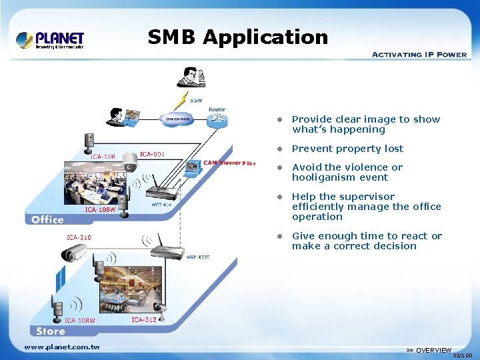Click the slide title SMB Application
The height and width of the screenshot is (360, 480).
tap(238, 37)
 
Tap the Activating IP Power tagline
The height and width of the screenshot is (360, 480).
tap(419, 54)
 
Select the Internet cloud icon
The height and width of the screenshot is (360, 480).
tap(177, 119)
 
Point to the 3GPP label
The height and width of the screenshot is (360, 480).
tap(196, 101)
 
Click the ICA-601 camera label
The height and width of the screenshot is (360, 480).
tap(153, 155)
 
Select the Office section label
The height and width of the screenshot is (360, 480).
tap(47, 219)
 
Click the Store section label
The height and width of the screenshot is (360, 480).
tap(51, 331)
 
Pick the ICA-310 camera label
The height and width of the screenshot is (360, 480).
tap(79, 237)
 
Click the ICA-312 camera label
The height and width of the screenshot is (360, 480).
tap(144, 320)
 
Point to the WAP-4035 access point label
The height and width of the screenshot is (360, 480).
tap(197, 257)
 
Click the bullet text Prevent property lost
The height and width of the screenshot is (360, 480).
tap(347, 149)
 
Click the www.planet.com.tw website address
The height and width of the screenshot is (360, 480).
tap(62, 347)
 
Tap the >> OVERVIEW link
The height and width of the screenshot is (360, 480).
tap(429, 350)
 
